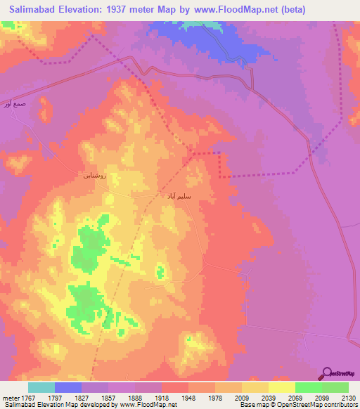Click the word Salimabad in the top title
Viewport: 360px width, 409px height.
coord(32,9)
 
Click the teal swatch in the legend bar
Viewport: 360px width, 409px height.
coord(41,387)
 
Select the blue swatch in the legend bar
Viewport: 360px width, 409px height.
coord(68,387)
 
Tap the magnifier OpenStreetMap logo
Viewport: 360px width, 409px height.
coord(326,374)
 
